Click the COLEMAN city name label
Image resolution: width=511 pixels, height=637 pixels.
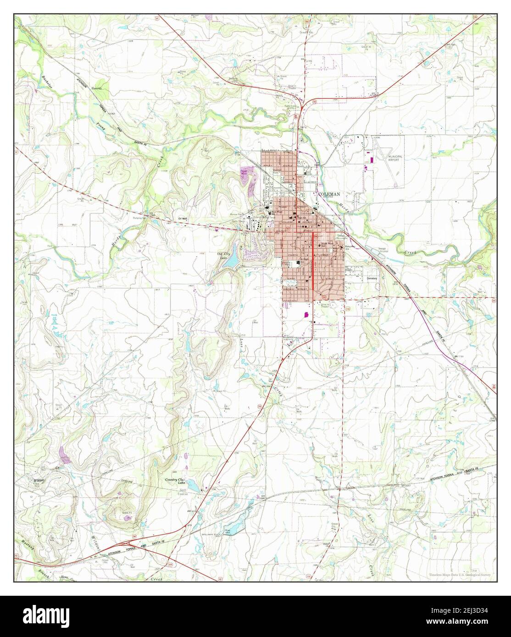[x=329, y=194]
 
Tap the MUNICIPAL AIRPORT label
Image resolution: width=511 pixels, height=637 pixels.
[x=395, y=158]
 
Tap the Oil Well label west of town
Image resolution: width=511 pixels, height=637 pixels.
[x=183, y=219]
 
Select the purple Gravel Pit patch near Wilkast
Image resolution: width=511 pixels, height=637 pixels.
[x=65, y=455]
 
